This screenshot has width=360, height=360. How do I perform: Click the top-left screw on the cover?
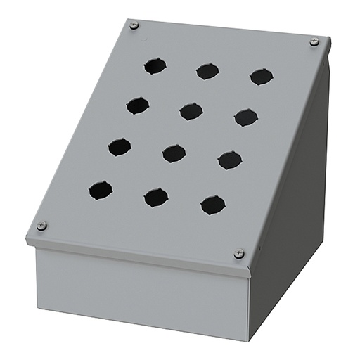pos(134,26)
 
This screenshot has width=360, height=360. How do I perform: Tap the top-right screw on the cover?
pos(314,42)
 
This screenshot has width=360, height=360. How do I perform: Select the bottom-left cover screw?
pos(41,226)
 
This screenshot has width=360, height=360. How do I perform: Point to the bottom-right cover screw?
pos(239,253)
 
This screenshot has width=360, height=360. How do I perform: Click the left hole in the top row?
pos(155,66)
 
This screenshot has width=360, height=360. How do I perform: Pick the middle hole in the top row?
pos(207,71)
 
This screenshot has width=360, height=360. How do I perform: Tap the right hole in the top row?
pos(262,77)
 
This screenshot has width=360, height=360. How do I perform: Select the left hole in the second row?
pos(138,105)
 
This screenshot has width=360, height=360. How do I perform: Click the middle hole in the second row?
pos(191,111)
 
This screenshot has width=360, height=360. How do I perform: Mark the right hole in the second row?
pos(246,117)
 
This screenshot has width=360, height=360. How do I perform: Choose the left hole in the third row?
pos(120,147)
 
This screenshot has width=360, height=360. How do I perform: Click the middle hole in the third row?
pos(174,153)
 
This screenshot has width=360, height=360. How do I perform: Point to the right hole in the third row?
pos(230,160)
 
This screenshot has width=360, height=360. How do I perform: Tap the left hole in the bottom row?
pos(101,190)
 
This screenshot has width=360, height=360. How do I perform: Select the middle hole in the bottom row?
pos(156,198)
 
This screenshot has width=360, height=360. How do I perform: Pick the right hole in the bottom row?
pos(213,205)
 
